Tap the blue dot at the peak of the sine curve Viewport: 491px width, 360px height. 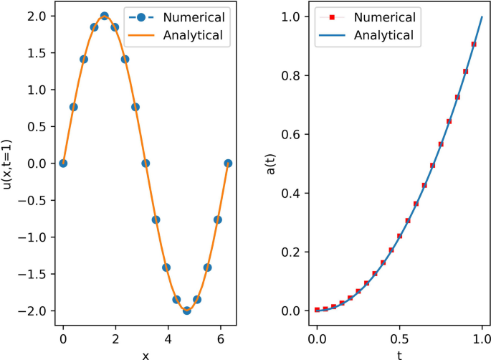104,16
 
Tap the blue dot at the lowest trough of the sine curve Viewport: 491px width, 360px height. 186,311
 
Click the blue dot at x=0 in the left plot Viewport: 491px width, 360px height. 63,163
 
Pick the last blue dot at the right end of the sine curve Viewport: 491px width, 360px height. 228,163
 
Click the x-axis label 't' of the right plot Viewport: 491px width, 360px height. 399,354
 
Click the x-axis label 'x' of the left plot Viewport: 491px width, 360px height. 146,354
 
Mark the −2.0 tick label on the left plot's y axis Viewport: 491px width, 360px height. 36,311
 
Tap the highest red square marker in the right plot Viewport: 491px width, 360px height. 474,44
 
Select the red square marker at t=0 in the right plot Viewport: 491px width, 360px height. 317,310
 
